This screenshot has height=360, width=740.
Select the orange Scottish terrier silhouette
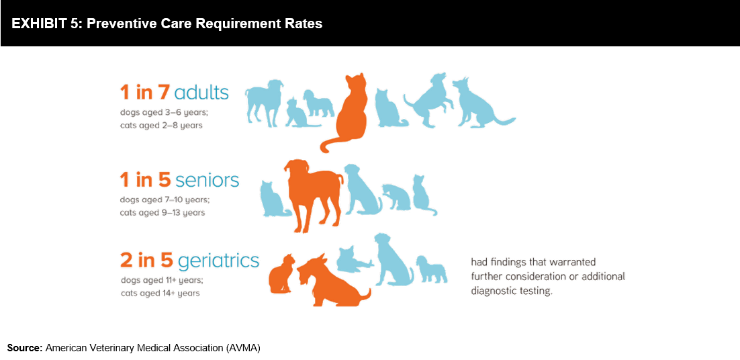331,281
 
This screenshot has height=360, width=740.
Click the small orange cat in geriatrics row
281,273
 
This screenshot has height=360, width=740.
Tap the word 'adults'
201,93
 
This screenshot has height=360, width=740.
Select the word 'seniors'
207,180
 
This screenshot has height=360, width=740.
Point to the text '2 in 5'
147,260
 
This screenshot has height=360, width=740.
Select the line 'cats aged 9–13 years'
163,213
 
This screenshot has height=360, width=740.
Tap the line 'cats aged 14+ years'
160,294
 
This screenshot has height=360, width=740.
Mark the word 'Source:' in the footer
25,349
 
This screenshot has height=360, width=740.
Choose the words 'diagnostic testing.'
511,291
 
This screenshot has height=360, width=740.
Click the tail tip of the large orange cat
323,149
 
